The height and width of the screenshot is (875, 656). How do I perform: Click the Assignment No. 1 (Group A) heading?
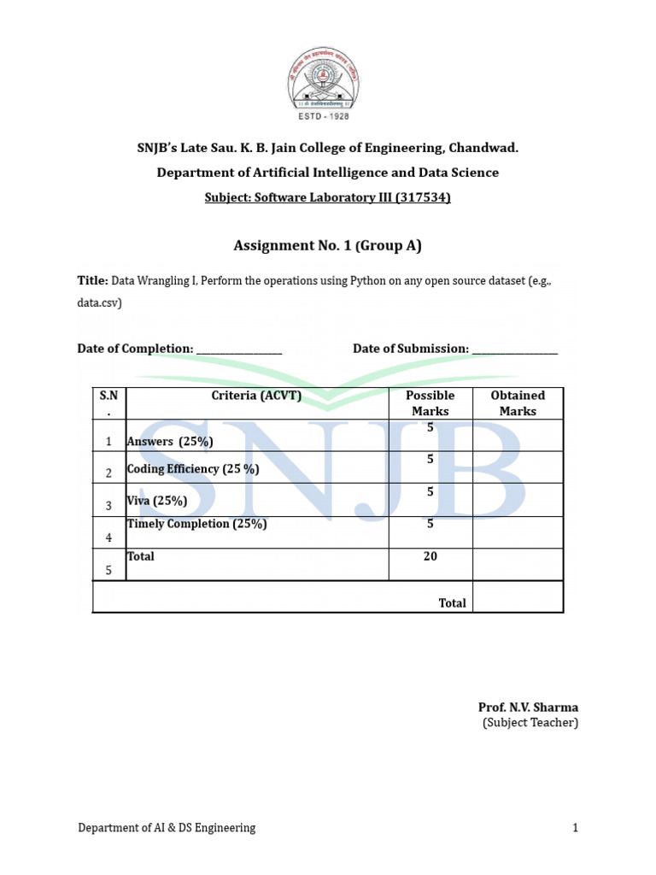pos(328,246)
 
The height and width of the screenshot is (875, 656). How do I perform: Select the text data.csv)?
pos(99,302)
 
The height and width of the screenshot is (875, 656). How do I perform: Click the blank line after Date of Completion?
pos(239,349)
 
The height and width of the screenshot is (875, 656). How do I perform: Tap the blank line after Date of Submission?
pos(514,349)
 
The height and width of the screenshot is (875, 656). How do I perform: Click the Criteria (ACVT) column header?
pos(257,396)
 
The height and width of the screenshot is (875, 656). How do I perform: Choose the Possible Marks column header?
pos(430,403)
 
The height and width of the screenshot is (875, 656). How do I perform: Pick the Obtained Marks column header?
pos(518,403)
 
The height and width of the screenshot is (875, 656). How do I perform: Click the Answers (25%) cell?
pos(170,442)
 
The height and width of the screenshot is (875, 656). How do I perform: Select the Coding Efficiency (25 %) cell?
pos(193,469)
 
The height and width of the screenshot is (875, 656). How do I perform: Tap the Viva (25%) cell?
pos(157,501)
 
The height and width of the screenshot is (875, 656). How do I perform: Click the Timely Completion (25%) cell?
pos(196,524)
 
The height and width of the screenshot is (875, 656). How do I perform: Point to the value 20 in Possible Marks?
pos(430,556)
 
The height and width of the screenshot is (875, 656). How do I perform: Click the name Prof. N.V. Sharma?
pos(528,708)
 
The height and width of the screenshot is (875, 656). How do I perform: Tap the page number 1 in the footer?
pos(576,827)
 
